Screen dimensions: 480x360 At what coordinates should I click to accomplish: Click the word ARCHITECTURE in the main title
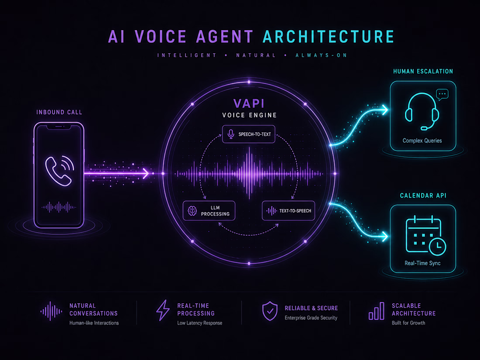[329, 37]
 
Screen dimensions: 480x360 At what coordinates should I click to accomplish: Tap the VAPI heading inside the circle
[249, 103]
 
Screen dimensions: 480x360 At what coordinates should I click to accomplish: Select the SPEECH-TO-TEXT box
[249, 134]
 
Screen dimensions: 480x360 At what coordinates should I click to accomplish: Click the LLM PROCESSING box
[209, 211]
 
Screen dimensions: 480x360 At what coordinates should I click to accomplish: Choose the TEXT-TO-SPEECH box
[288, 211]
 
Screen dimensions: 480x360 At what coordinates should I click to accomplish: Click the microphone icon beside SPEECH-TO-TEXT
[231, 134]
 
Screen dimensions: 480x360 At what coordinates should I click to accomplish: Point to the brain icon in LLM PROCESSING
[192, 211]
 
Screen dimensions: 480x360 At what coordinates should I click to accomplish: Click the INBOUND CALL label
[59, 112]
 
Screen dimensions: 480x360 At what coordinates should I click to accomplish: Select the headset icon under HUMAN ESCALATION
[422, 111]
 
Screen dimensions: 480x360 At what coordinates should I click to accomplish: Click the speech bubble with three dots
[442, 95]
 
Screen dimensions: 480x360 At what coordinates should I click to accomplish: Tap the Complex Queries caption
[422, 141]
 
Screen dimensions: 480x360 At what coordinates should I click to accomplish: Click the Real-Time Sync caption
[422, 263]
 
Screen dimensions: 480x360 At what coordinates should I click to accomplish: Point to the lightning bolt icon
[163, 310]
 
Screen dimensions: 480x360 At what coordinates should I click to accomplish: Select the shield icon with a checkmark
[270, 311]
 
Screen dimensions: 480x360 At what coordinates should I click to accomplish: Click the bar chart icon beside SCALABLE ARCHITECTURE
[376, 311]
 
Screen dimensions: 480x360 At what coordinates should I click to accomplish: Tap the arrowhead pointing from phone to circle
[146, 174]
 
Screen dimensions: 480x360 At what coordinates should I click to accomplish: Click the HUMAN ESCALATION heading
[423, 71]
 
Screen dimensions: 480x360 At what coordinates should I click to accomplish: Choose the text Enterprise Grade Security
[311, 318]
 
